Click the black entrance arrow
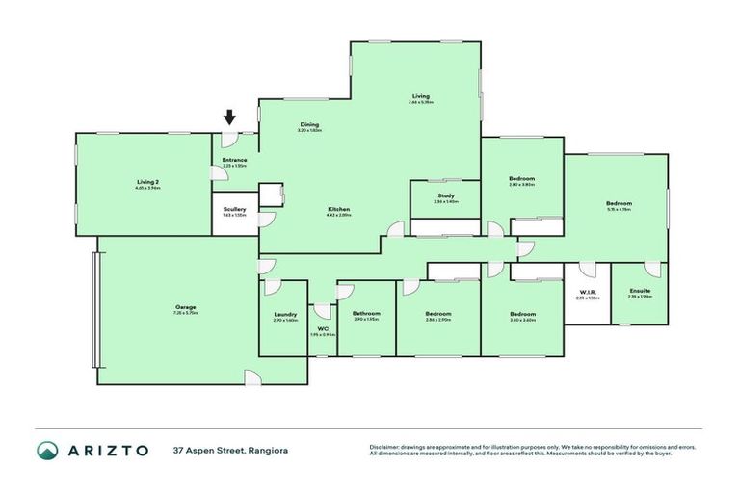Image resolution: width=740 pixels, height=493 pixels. [x=229, y=117]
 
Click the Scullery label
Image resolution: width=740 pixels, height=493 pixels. [x=234, y=209]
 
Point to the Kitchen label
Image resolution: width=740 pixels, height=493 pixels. [x=337, y=209]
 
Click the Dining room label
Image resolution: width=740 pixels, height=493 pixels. [x=309, y=124]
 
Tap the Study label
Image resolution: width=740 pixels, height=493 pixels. [x=445, y=195]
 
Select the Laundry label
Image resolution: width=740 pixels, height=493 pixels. [x=284, y=314]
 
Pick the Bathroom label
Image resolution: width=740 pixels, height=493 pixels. [x=366, y=314]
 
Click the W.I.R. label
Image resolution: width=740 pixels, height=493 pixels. [x=588, y=294]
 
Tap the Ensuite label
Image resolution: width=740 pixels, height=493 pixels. [x=640, y=291]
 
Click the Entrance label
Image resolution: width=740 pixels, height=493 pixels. [x=234, y=160]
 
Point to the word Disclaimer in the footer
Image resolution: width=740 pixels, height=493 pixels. [x=387, y=447]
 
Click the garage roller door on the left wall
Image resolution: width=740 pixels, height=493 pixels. [x=94, y=309]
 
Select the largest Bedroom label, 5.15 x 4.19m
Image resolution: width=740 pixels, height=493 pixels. [x=619, y=204]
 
